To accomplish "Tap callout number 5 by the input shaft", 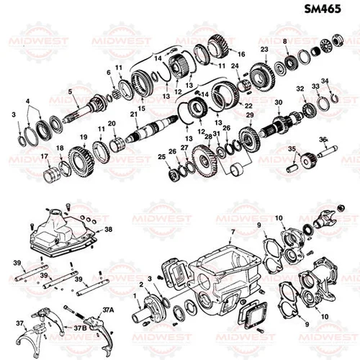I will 70,91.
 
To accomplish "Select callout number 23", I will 264,49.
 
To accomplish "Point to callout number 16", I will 241,54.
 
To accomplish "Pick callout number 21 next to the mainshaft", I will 134,114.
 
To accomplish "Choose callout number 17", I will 44,157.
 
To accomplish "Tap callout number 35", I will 292,149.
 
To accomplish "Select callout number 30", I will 279,104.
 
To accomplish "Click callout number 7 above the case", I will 233,231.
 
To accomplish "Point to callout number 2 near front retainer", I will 140,284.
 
